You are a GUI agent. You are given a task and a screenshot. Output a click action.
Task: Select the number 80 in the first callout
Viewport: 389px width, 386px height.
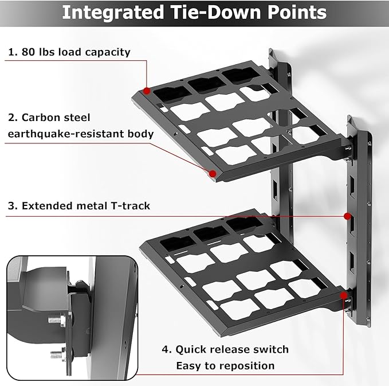pos(30,52)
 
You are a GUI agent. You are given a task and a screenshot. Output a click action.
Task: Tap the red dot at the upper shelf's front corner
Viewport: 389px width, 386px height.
pos(212,173)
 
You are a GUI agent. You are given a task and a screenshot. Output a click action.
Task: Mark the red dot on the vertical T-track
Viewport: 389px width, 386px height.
pos(347,216)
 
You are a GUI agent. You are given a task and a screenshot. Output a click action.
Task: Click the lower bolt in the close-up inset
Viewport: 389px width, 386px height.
pos(55,352)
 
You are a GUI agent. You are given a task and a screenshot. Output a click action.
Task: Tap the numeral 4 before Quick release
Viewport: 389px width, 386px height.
pos(166,349)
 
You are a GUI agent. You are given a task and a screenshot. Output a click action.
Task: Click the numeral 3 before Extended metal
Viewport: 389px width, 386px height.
pos(11,205)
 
